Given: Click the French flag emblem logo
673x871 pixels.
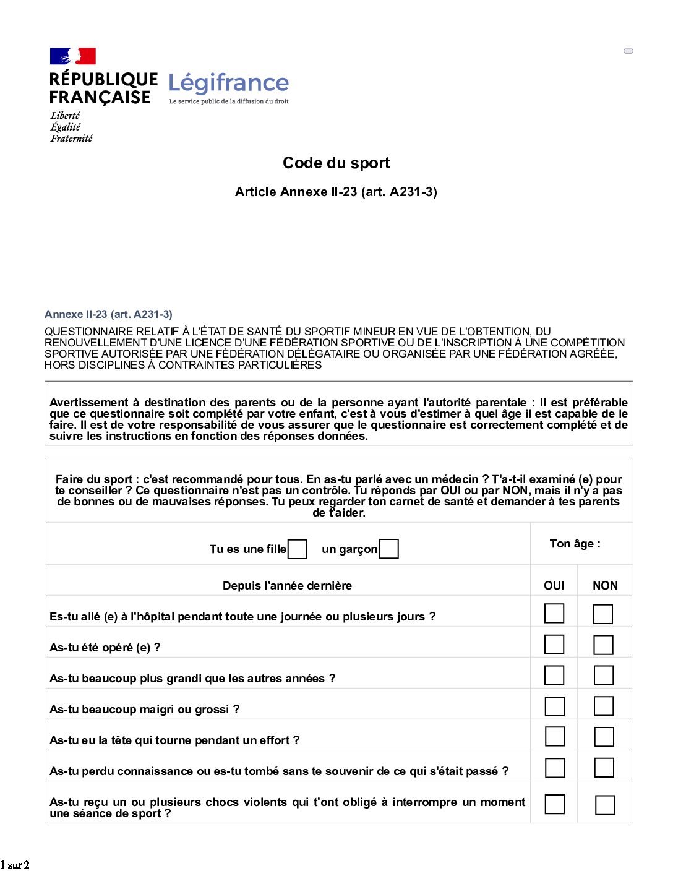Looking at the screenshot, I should coord(72,56).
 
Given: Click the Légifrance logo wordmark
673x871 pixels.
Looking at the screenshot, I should coord(228,83).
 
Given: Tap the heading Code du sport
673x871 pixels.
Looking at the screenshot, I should coord(336,163).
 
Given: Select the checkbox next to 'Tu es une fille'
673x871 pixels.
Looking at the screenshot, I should coord(298,549).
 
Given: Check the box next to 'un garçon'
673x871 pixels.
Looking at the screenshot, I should coord(388,549).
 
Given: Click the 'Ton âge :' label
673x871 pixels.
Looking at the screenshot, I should coord(575,544).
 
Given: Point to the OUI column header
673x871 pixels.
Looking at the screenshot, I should coord(554,585).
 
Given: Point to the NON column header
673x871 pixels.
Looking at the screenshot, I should coord(605,585).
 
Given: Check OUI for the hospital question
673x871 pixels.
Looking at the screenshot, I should coord(554,613).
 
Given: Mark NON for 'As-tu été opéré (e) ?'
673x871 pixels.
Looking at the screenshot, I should coord(603,645).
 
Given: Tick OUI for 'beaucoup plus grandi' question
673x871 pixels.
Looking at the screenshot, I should coord(554,675).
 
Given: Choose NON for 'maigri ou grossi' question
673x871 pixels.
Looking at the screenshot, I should coord(603,706).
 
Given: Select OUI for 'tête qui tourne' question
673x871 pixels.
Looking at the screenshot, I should coord(554,736).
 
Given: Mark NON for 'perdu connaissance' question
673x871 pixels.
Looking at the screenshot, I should coord(604,768).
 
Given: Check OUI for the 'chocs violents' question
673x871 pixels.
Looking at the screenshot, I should coord(554,804).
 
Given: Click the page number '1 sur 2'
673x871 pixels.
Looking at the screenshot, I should coord(15,865).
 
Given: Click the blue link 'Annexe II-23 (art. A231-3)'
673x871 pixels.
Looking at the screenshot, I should coord(108,314).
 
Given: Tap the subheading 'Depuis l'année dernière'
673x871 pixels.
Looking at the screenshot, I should coord(287,585).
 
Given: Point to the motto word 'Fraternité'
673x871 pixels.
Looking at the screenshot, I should coord(71,139).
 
